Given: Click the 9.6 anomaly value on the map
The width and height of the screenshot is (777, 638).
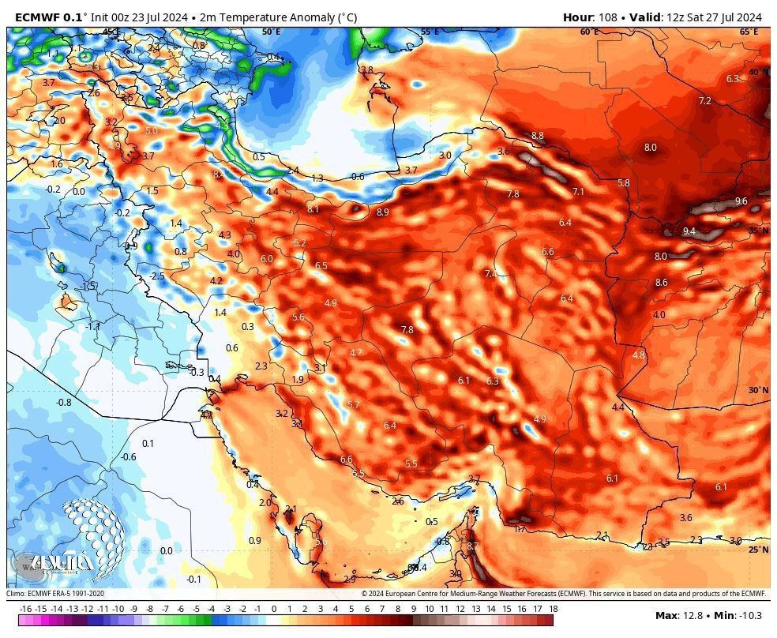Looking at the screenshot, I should [741, 201].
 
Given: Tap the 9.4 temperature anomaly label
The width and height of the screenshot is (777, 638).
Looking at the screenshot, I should [689, 231].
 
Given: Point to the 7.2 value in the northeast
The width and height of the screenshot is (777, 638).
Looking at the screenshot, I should [704, 101].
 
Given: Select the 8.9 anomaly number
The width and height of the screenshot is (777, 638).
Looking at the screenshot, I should [382, 212].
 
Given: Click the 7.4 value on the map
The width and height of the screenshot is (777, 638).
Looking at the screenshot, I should [490, 274].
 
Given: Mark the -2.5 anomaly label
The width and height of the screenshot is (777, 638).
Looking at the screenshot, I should [157, 276].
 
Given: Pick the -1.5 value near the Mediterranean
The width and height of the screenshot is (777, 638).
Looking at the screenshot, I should [88, 286].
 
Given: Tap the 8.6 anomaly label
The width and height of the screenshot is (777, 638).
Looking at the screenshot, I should [661, 283].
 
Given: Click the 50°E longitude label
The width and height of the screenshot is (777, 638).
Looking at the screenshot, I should [271, 32].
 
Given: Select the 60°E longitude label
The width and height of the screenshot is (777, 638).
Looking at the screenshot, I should [589, 32].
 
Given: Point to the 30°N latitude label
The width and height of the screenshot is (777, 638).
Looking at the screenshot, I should [758, 390].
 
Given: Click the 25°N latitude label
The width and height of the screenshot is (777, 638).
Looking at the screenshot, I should [758, 550].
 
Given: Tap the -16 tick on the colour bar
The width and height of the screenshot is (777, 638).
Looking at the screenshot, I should [25, 609].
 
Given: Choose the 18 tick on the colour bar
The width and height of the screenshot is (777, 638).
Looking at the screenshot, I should [553, 609].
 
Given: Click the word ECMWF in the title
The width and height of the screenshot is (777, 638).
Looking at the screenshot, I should [36, 17].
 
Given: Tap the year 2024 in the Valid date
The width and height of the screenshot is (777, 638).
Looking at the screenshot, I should [746, 17].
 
